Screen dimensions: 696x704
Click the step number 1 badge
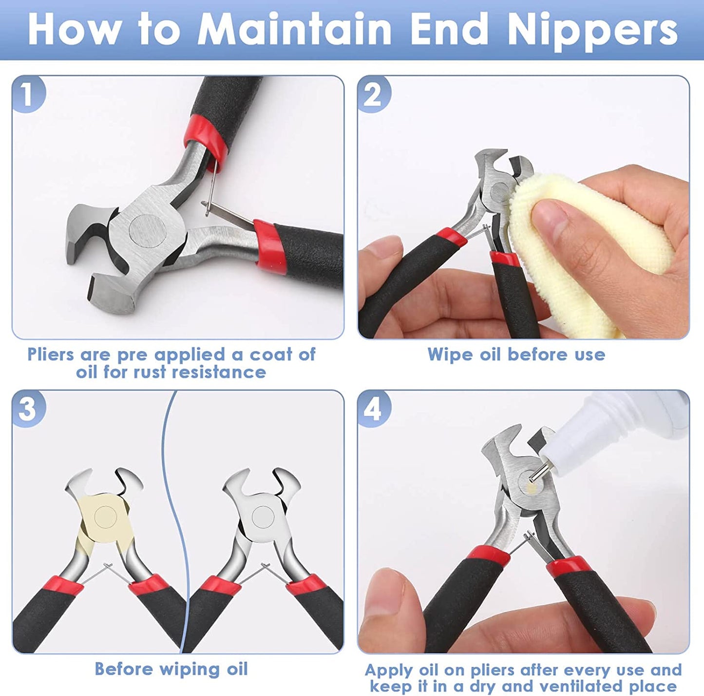tap(28, 94)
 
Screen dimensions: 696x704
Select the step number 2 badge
tap(373, 94)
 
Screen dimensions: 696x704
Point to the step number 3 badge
tap(28, 408)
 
